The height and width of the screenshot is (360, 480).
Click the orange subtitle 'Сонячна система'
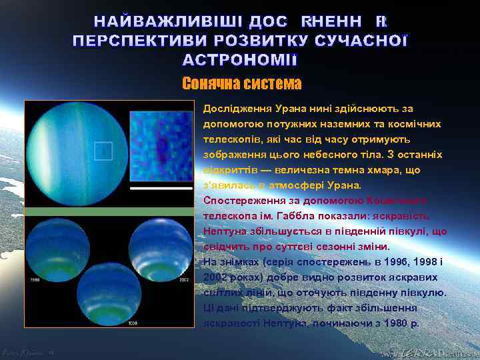tap(241, 84)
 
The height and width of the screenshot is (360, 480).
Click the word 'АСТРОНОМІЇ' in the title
tap(240, 60)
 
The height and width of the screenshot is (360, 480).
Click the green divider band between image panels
tap(110, 211)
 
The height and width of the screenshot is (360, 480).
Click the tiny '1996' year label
tap(35, 280)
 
